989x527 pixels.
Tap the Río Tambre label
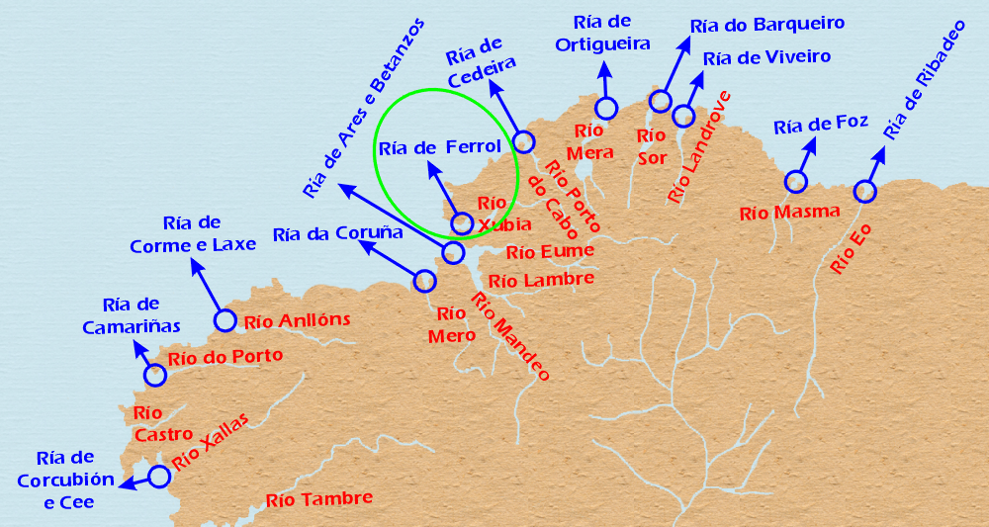tap(319, 499)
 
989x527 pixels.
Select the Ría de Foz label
tap(821, 125)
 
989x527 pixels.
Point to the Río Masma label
tap(789, 212)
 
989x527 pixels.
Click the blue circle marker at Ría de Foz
tap(795, 181)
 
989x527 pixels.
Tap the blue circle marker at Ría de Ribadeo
tap(865, 191)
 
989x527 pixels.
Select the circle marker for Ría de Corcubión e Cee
tap(158, 476)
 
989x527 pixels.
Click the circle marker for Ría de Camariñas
tap(155, 375)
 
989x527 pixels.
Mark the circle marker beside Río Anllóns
tap(225, 320)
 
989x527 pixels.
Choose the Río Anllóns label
tap(297, 320)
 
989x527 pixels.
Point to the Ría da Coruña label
tap(338, 234)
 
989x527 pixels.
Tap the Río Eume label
tap(550, 251)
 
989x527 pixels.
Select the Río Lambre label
tap(542, 280)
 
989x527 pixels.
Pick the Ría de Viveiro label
tap(766, 57)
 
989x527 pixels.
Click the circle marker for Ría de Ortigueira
tap(606, 108)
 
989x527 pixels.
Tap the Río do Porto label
tap(225, 357)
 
